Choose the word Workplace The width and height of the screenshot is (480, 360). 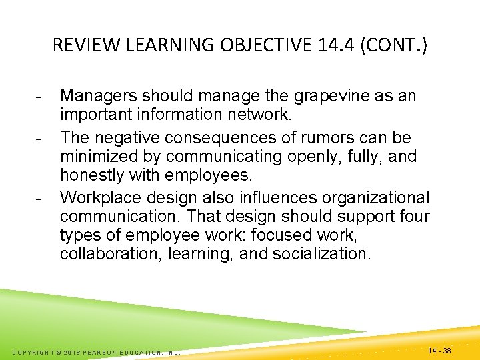(x=100, y=198)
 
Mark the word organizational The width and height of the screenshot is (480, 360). (x=376, y=198)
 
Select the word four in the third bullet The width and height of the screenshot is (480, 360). (x=415, y=217)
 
